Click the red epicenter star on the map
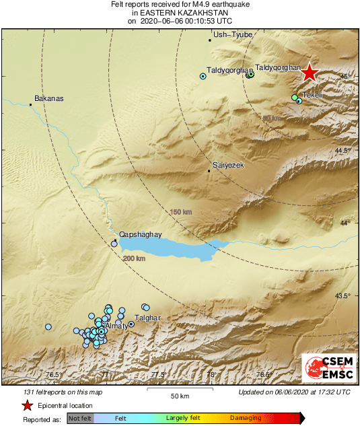click(309, 73)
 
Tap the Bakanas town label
click(49, 98)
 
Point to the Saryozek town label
click(228, 165)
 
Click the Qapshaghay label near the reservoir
click(140, 234)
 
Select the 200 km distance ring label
click(135, 258)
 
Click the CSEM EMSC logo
click(325, 369)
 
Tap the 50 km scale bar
click(178, 393)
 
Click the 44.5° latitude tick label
click(345, 150)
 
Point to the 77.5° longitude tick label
click(158, 375)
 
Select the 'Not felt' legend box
click(80, 418)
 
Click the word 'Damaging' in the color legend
click(246, 418)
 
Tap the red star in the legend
click(27, 405)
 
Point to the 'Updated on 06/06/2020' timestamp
click(294, 392)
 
